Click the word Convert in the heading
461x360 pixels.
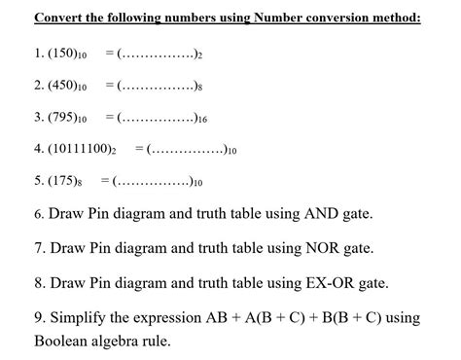tap(60, 18)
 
